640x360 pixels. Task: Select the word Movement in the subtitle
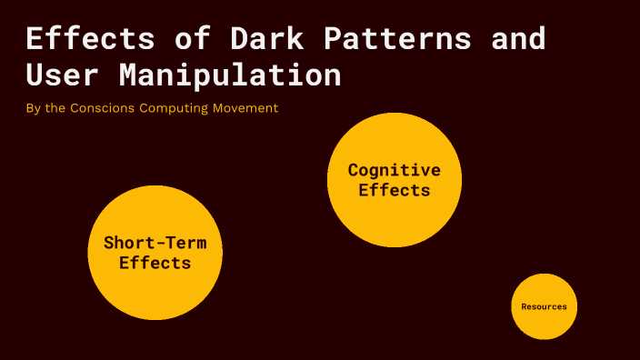[x=245, y=108]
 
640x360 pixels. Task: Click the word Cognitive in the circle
[x=394, y=170]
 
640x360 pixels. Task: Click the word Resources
[x=544, y=306]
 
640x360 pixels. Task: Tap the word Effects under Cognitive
[x=394, y=190]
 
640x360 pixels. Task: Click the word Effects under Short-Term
[x=155, y=263]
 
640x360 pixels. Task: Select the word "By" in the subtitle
[x=34, y=108]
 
